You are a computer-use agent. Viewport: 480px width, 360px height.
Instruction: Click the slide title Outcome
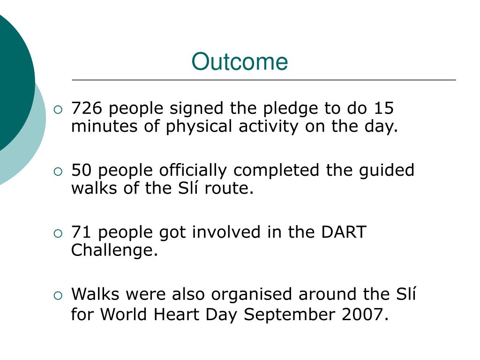pyautogui.click(x=240, y=61)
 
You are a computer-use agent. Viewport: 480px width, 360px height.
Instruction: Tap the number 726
pyautogui.click(x=87, y=108)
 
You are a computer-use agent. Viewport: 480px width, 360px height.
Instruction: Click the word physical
pyautogui.click(x=199, y=127)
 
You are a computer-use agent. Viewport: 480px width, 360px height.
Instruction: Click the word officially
pyautogui.click(x=193, y=171)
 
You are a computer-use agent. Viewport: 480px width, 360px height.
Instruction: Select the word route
pyautogui.click(x=229, y=188)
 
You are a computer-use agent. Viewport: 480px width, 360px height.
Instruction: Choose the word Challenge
pyautogui.click(x=114, y=251)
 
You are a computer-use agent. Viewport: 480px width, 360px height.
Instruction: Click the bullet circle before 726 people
pyautogui.click(x=58, y=110)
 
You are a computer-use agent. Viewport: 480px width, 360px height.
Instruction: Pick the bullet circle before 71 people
pyautogui.click(x=58, y=233)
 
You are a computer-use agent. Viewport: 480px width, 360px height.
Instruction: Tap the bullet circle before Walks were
pyautogui.click(x=58, y=295)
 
